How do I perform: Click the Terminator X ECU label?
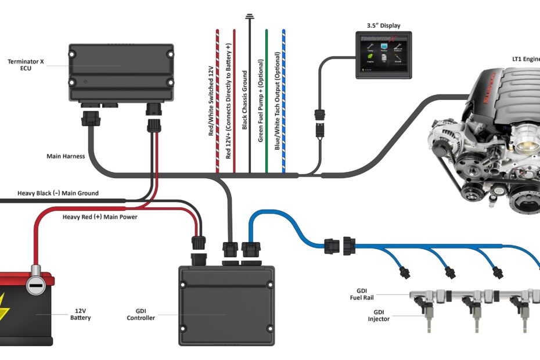24,64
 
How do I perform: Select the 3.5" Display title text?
383,26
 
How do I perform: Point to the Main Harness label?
66,156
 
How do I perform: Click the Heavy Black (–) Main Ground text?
58,193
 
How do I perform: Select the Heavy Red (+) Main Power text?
99,217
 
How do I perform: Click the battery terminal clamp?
36,283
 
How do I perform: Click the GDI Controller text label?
141,314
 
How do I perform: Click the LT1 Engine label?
525,59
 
